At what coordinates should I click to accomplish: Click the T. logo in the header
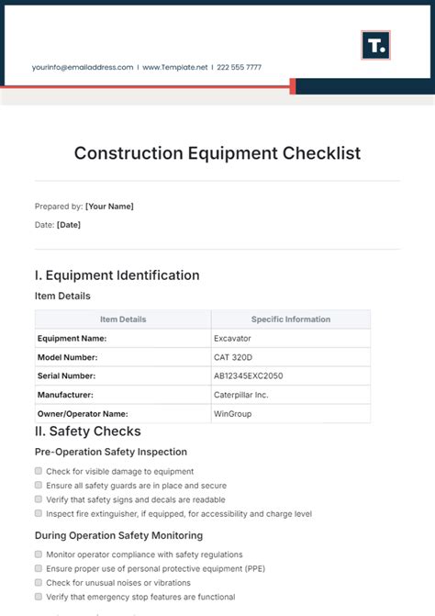pyautogui.click(x=375, y=45)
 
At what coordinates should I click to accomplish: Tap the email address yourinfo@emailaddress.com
pyautogui.click(x=82, y=67)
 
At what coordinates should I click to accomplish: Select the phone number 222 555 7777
pyautogui.click(x=240, y=67)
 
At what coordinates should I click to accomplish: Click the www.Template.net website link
pyautogui.click(x=176, y=67)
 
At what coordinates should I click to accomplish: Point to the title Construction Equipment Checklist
pyautogui.click(x=217, y=153)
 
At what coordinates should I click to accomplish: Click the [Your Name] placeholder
pyautogui.click(x=109, y=207)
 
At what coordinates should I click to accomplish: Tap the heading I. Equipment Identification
pyautogui.click(x=117, y=275)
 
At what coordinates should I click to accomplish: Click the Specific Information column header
pyautogui.click(x=290, y=319)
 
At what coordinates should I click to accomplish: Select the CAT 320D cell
pyautogui.click(x=233, y=357)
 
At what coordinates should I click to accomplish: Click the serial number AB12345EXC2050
pyautogui.click(x=249, y=376)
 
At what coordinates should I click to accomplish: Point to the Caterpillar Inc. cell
pyautogui.click(x=240, y=395)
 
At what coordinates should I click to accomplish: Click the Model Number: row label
pyautogui.click(x=67, y=357)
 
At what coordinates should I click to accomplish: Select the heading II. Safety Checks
pyautogui.click(x=88, y=431)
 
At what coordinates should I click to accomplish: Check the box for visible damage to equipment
pyautogui.click(x=39, y=471)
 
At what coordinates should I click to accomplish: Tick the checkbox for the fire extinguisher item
pyautogui.click(x=39, y=513)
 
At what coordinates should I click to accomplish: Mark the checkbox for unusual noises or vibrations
pyautogui.click(x=39, y=583)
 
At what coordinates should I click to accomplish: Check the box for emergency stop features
pyautogui.click(x=39, y=597)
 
